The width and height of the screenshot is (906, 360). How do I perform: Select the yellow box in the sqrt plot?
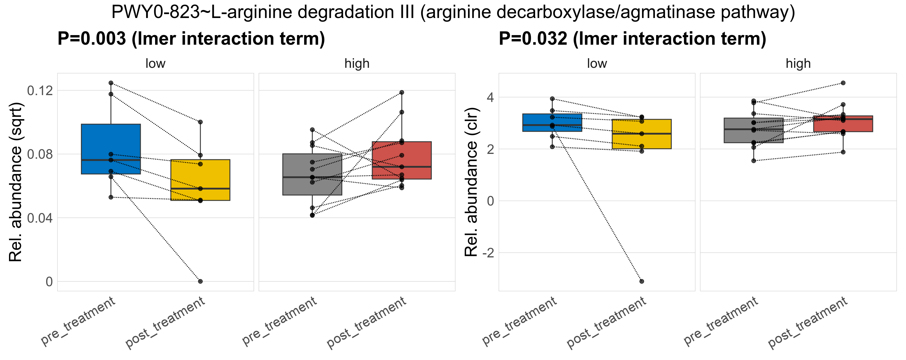[x=200, y=180]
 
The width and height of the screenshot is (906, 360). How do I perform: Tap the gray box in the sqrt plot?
[x=312, y=174]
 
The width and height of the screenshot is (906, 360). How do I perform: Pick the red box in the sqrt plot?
[x=402, y=160]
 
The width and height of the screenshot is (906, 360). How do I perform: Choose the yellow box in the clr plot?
[x=641, y=134]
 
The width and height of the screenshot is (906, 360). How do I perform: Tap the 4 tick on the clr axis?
[x=490, y=97]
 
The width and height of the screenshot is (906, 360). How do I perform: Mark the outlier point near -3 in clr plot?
[x=641, y=281]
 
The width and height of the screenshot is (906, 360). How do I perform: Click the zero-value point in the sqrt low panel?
[x=200, y=281]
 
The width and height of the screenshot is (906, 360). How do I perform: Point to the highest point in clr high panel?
[x=843, y=83]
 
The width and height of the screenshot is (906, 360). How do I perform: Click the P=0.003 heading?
[x=191, y=39]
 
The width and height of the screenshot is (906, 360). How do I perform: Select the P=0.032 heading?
[x=632, y=39]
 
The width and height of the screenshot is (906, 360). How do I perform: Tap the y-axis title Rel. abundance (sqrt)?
[x=16, y=182]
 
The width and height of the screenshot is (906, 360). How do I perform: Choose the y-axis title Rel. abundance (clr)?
[x=471, y=182]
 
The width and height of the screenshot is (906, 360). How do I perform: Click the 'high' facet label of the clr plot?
[x=798, y=64]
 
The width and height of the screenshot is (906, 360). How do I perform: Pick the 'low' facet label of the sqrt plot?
[x=155, y=64]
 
